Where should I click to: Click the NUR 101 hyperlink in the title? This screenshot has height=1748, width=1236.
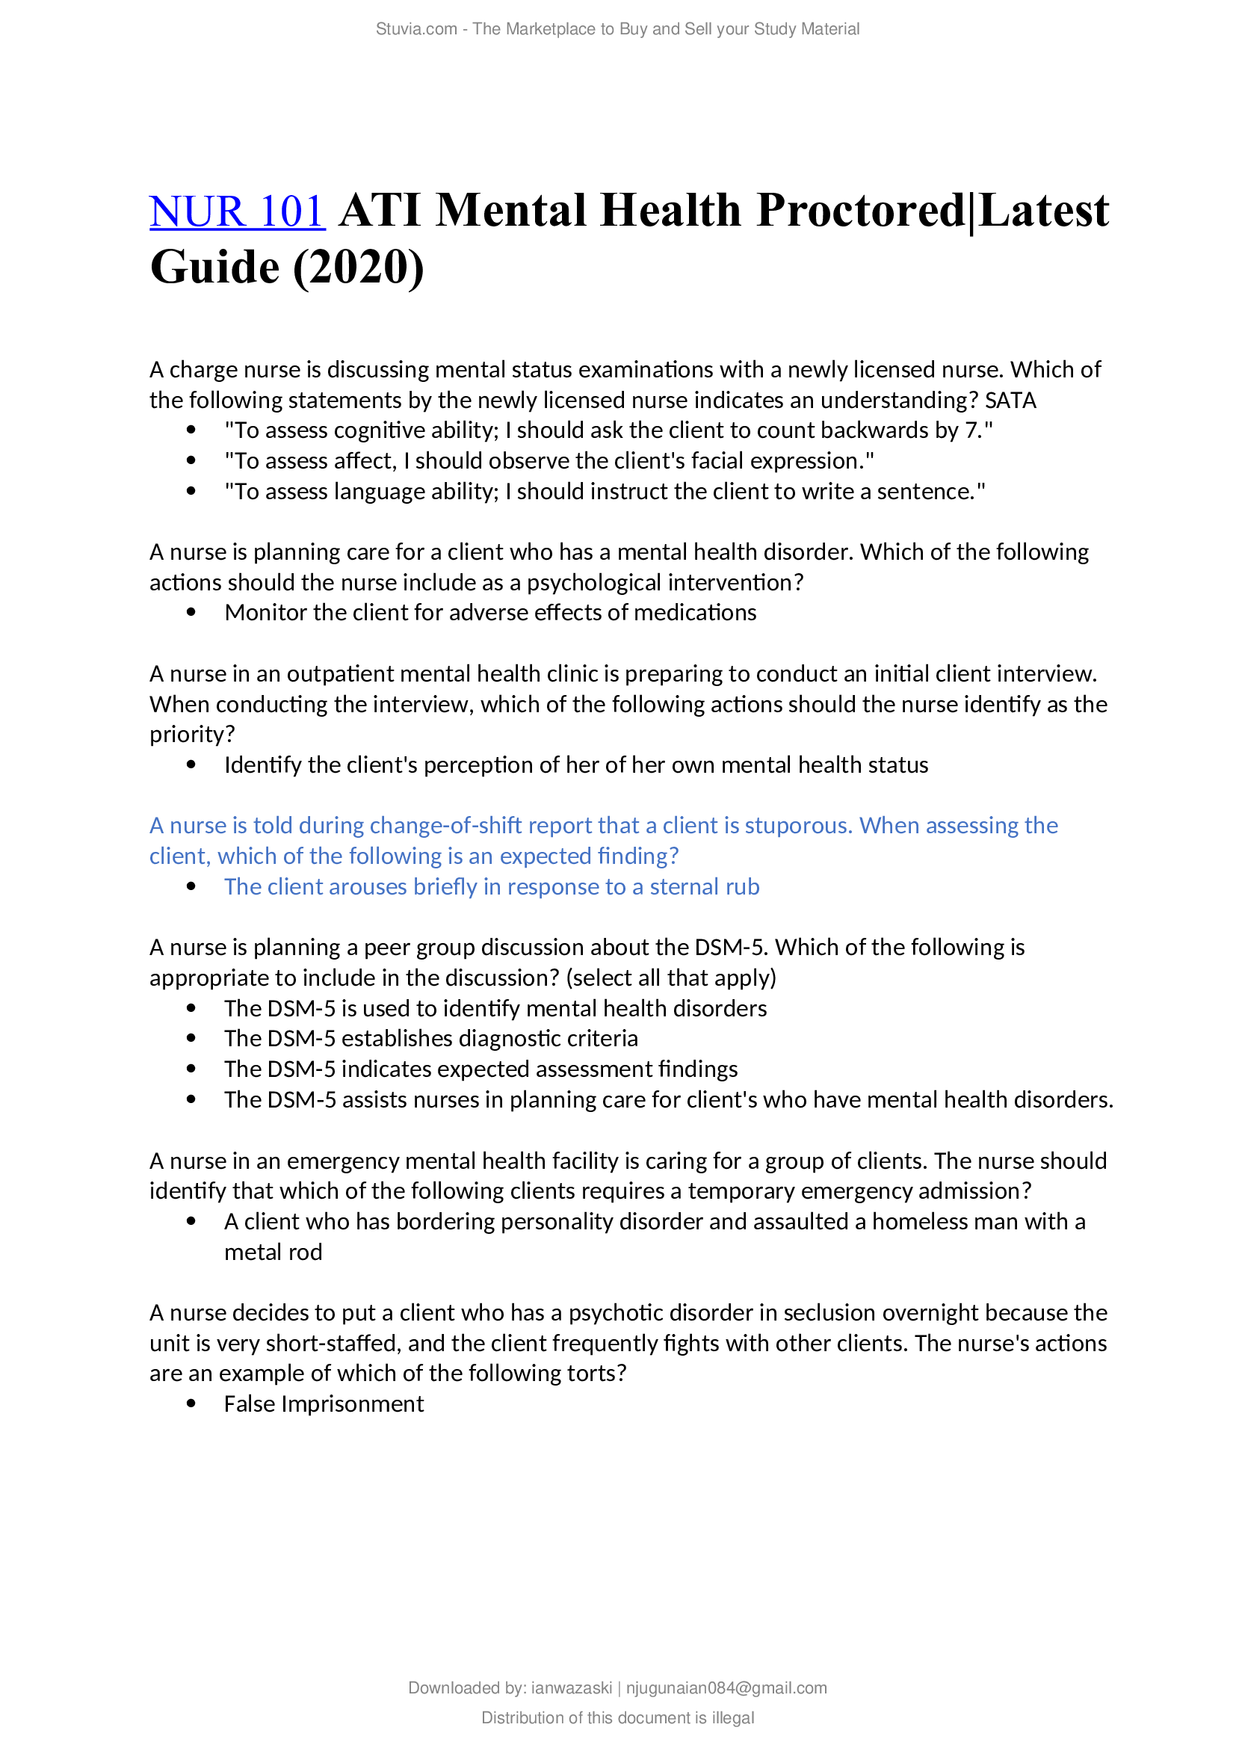tap(238, 211)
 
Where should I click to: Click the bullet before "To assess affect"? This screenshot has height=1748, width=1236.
tap(191, 461)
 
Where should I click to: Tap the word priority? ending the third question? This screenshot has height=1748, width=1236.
tap(193, 735)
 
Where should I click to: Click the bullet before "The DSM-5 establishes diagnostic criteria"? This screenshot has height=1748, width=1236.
tap(191, 1040)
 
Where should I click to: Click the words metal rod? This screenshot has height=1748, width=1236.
tap(274, 1253)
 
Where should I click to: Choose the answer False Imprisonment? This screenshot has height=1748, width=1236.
tap(324, 1404)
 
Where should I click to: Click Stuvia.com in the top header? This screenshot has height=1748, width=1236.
tap(415, 29)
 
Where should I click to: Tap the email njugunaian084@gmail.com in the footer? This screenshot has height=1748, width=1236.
tap(726, 1688)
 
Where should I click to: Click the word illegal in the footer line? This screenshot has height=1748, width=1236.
tap(733, 1717)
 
